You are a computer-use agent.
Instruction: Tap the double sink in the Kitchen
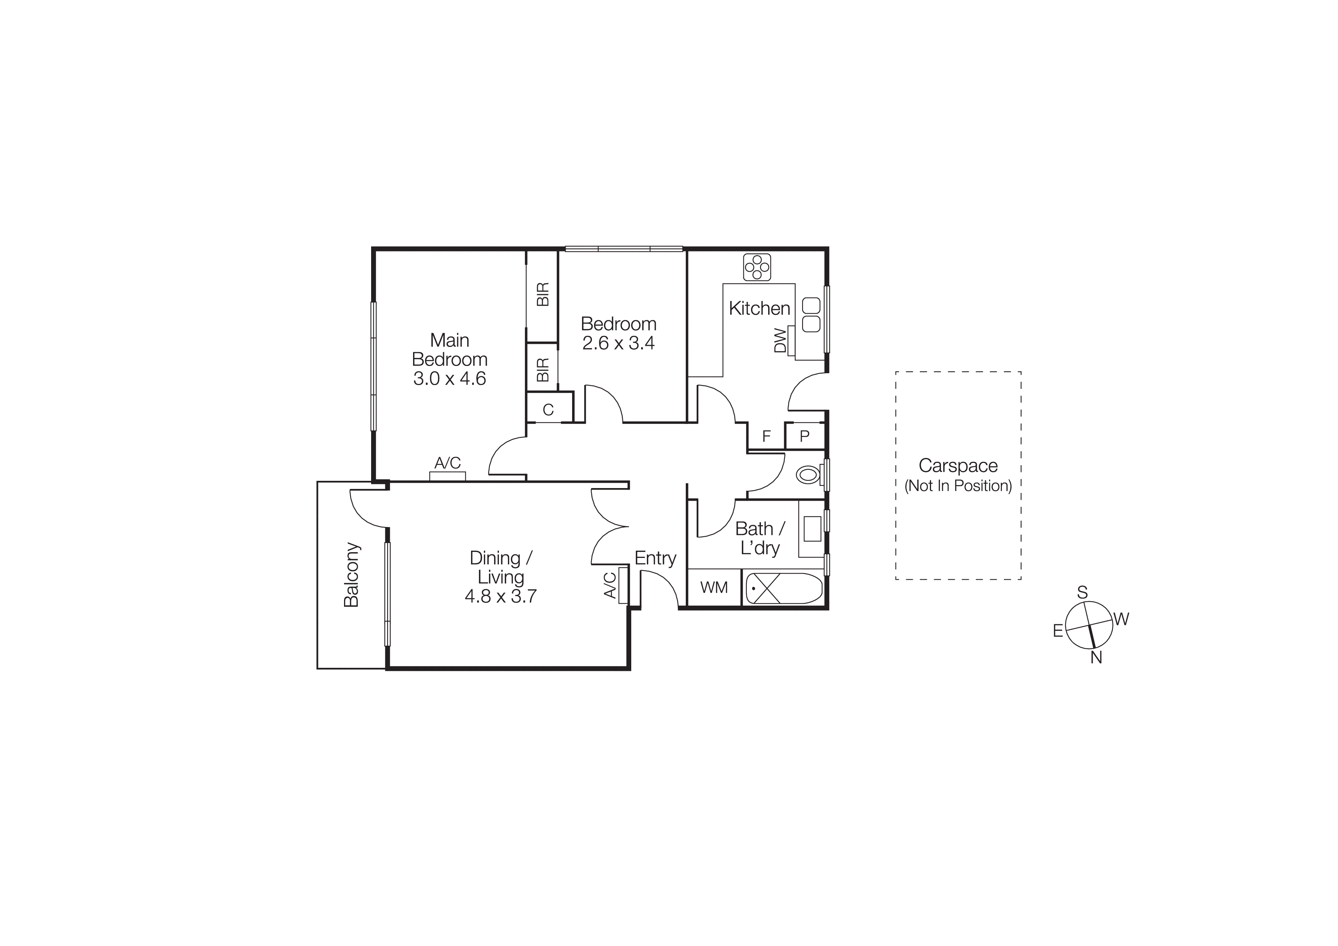[811, 315]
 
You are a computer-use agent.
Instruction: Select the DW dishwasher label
[780, 340]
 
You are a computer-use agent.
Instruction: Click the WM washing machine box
[714, 588]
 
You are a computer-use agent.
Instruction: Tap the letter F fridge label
[766, 436]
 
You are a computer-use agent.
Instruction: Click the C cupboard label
[548, 410]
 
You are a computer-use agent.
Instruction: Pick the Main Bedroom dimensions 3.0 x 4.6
[449, 379]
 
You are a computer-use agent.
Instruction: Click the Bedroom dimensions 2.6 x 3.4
[618, 343]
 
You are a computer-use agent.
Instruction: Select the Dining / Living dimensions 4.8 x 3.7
[500, 596]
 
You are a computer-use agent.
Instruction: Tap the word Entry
[655, 558]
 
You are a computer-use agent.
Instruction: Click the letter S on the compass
[1082, 593]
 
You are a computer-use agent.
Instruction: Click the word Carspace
[958, 465]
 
